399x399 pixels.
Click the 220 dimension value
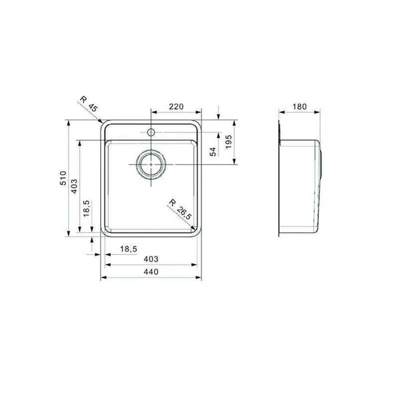tap(176, 107)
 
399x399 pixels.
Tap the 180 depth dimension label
tap(300, 107)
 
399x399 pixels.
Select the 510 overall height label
tap(63, 178)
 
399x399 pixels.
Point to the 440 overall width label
tap(151, 272)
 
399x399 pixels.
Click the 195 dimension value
tap(229, 142)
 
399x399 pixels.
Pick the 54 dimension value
tap(213, 152)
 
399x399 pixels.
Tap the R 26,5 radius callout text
tap(180, 209)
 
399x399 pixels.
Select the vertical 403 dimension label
tap(74, 186)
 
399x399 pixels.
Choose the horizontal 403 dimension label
tap(151, 259)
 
